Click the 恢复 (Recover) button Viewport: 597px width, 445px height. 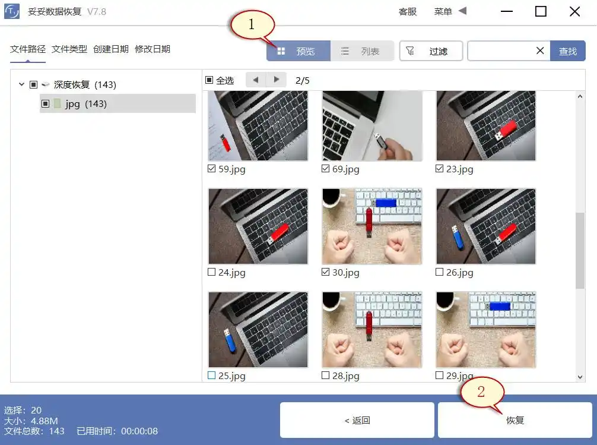tap(515, 420)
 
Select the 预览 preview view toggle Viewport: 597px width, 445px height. tap(298, 51)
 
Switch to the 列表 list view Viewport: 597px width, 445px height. tap(362, 51)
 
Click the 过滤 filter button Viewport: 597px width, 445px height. tap(431, 51)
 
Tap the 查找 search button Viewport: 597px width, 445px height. tap(567, 51)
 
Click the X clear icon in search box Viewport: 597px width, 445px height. tap(540, 51)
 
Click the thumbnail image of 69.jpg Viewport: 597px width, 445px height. tap(372, 127)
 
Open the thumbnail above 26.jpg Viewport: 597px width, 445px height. tap(485, 226)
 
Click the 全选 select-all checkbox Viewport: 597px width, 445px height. tap(209, 80)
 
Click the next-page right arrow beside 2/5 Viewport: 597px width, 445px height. tap(276, 80)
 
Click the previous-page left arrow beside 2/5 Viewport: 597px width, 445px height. tap(255, 80)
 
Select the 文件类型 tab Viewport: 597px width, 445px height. tap(69, 49)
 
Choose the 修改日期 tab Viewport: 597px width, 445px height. tap(153, 49)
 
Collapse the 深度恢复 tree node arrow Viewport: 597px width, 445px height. tap(22, 85)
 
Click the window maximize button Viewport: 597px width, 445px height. tap(541, 11)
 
